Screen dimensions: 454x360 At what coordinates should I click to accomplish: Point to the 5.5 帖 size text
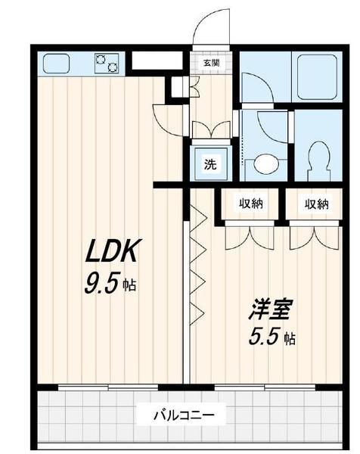[270, 337]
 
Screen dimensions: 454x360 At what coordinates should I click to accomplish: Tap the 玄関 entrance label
[210, 64]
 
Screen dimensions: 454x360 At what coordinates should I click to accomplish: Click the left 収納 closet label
[252, 204]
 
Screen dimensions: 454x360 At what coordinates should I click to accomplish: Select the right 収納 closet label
[317, 204]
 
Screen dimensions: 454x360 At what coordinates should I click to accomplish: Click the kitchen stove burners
[106, 64]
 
